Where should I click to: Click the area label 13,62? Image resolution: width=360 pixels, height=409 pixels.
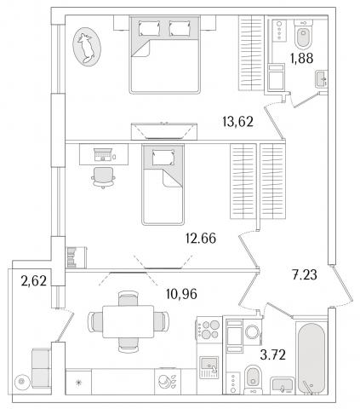(237, 122)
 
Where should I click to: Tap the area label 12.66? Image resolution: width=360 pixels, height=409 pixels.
(201, 238)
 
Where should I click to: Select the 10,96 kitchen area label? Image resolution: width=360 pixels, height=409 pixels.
(181, 294)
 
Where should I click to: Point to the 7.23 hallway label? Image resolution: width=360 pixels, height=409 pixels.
(305, 274)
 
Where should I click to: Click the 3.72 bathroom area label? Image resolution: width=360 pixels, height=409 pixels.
(272, 354)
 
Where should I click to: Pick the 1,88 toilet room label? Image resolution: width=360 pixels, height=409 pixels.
(301, 58)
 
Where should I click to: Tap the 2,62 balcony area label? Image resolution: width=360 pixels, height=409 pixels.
(33, 281)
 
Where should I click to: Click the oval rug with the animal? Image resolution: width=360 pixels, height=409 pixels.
(87, 47)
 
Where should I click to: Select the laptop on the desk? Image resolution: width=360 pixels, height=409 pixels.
(102, 155)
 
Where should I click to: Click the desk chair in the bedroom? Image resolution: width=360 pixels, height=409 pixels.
(103, 177)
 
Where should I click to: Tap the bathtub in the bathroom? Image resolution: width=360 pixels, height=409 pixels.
(311, 359)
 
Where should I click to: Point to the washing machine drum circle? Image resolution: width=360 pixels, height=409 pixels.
(252, 331)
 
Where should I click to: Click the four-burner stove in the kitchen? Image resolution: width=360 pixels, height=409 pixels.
(209, 329)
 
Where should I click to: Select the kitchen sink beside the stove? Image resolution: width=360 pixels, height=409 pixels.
(209, 367)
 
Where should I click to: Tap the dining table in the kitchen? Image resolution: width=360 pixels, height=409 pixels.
(129, 321)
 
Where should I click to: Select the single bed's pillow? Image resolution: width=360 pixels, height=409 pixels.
(163, 158)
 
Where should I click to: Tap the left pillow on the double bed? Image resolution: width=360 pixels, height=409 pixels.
(150, 28)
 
